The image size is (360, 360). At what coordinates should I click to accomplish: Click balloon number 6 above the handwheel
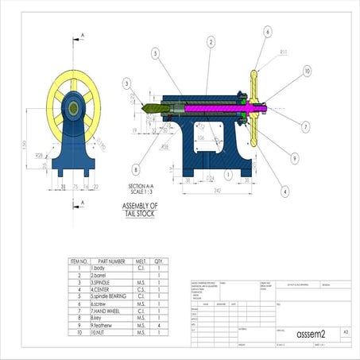(x=267, y=32)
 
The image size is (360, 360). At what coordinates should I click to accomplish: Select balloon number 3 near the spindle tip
(x=126, y=83)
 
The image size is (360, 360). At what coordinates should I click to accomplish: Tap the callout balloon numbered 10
(x=307, y=71)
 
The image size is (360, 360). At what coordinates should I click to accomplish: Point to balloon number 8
(x=136, y=169)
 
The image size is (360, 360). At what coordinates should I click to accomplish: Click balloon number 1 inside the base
(x=228, y=172)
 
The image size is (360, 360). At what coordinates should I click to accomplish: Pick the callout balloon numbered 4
(x=285, y=191)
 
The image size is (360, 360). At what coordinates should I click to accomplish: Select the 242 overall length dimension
(x=217, y=191)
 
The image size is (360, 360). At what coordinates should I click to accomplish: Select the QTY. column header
(x=159, y=260)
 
